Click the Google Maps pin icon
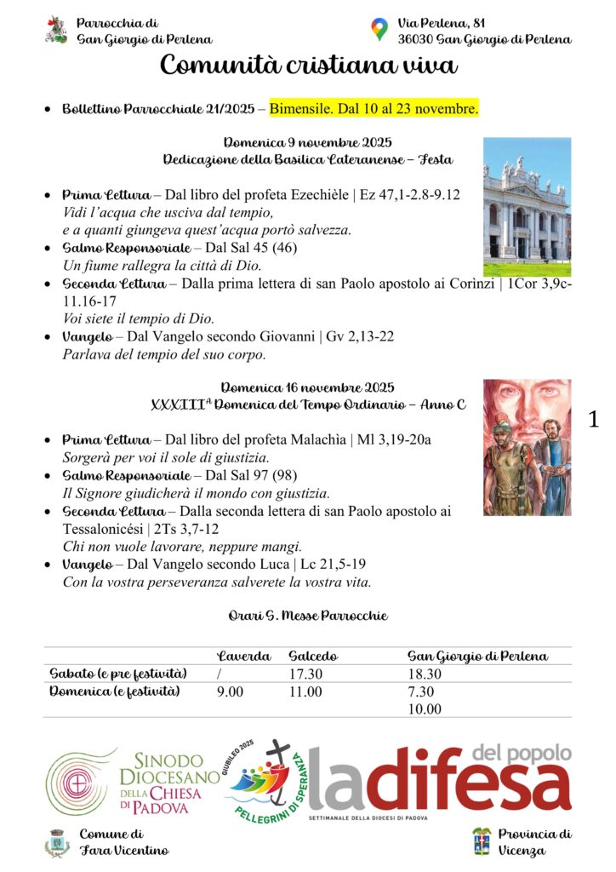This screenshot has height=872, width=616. (379, 30)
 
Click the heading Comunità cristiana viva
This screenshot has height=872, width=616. (308, 65)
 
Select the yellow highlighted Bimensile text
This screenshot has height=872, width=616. (374, 109)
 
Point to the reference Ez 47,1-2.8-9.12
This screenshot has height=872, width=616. (409, 195)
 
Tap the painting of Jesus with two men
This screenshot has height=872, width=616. (527, 447)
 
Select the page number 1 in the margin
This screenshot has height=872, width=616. (594, 418)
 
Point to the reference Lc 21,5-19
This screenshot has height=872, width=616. (345, 565)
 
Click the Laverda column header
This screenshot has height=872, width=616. (244, 657)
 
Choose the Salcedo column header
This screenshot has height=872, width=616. (313, 657)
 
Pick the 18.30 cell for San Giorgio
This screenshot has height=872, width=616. (425, 674)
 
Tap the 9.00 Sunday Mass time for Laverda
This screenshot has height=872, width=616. (231, 691)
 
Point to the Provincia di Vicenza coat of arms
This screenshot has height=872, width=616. (482, 840)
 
